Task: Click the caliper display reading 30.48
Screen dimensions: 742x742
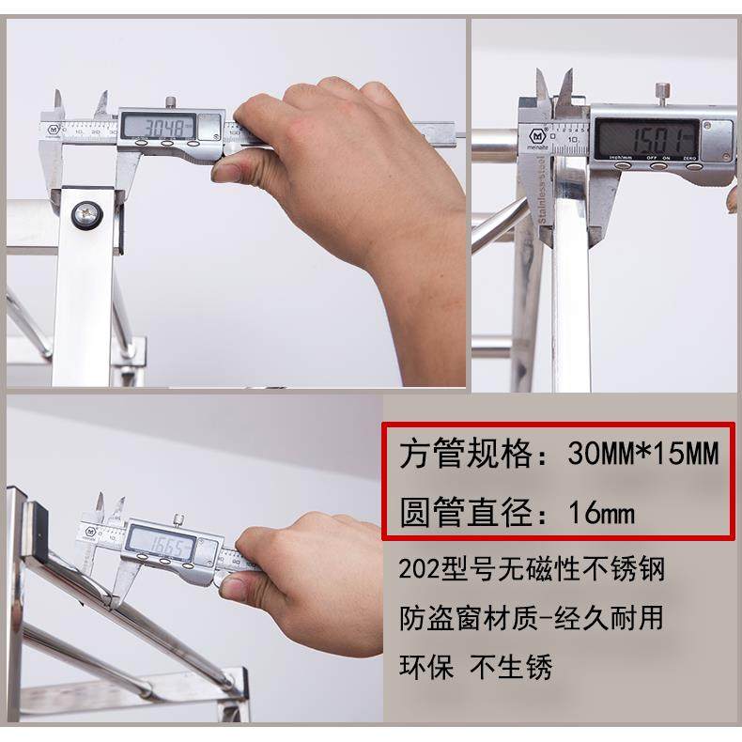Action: point(160,125)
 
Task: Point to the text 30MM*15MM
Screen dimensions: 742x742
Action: point(643,455)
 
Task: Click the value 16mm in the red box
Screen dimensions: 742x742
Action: point(601,513)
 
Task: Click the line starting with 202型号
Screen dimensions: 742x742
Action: point(537,569)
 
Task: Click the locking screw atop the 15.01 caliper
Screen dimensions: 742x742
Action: point(663,92)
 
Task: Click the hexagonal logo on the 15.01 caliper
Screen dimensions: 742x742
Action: point(543,129)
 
